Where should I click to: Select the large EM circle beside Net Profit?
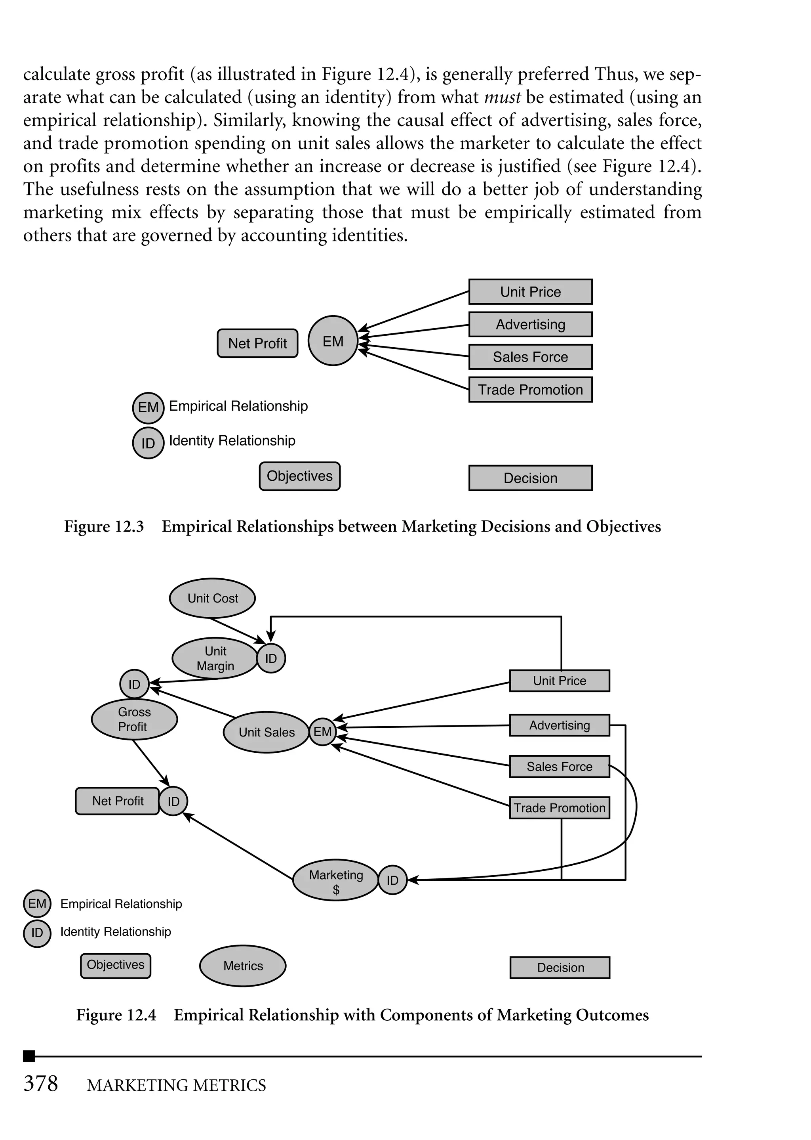coord(333,341)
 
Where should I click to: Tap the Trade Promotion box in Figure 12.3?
coord(530,390)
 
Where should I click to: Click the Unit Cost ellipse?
coord(212,598)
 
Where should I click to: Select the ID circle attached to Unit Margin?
coord(271,659)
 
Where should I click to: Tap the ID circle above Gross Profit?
coord(134,684)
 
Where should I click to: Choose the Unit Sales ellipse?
coord(266,732)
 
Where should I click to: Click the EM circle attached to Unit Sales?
coord(323,732)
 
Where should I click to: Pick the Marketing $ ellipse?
coord(335,882)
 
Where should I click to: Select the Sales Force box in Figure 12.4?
coord(559,767)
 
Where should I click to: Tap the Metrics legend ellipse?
coord(243,966)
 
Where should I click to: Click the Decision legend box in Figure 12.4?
coord(560,968)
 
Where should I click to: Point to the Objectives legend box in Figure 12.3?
coord(300,476)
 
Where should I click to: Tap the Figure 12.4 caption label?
coord(116,1015)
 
